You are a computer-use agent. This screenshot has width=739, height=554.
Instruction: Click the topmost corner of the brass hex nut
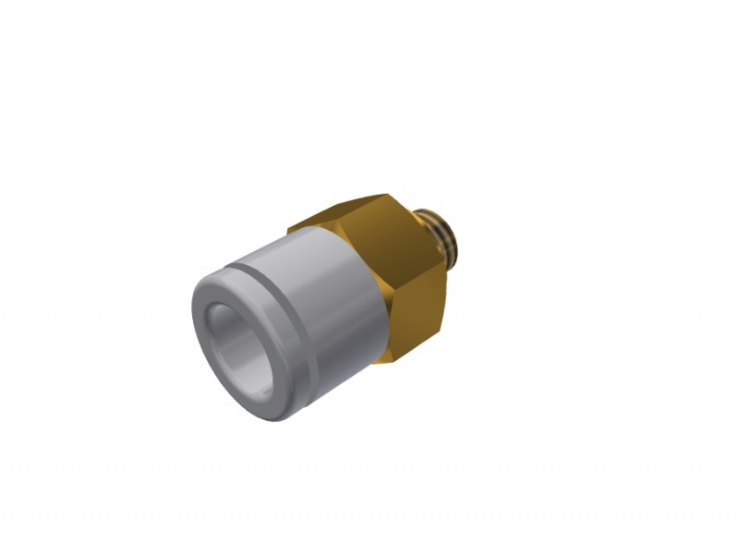pyautogui.click(x=386, y=195)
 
